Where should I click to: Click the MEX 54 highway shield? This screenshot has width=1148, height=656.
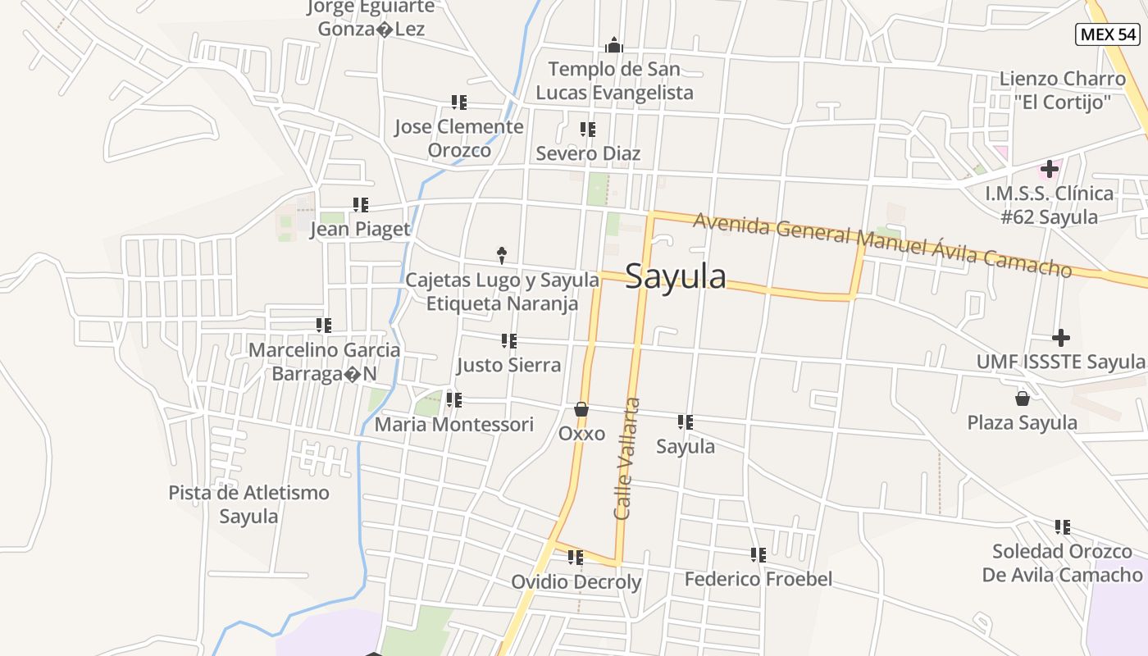point(1108,34)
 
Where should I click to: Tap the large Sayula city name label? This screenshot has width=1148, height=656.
point(676,277)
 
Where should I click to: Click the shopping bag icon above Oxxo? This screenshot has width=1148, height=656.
point(581,408)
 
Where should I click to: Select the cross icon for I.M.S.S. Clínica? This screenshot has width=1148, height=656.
point(1049,170)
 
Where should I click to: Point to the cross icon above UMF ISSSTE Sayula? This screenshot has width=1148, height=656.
point(1061,338)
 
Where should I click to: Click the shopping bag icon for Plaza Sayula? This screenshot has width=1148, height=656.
point(1023,399)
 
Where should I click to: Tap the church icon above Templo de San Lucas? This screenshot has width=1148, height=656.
point(613,45)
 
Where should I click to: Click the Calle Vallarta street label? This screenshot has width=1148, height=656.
point(626,458)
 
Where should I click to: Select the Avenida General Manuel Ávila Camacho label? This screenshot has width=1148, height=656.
point(882,244)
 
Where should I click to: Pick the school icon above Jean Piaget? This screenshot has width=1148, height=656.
point(361,205)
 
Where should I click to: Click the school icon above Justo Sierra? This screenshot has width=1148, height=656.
point(509,341)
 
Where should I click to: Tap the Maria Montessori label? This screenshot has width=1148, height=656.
point(454,425)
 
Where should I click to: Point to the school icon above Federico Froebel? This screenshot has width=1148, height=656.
point(758,555)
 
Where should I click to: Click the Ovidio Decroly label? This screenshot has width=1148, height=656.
point(576,582)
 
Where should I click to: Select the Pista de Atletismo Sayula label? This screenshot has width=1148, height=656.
point(248,504)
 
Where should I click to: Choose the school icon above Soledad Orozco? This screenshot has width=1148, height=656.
point(1063,527)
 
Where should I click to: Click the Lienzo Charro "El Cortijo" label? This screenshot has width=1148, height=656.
point(1062,90)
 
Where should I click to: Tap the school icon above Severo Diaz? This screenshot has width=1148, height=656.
point(588,130)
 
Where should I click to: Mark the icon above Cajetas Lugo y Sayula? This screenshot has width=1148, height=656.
point(502,256)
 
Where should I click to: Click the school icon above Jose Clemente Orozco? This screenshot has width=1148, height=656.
point(459,102)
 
